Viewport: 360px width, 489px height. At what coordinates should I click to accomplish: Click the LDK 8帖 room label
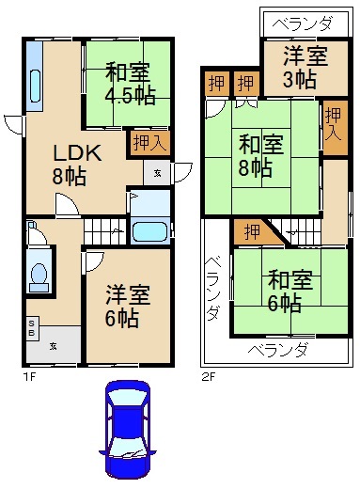click(x=76, y=165)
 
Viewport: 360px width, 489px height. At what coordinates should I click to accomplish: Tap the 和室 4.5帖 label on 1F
click(x=130, y=84)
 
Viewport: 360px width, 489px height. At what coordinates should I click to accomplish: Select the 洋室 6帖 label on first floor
click(x=128, y=306)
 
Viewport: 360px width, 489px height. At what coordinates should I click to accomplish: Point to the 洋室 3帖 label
click(x=305, y=67)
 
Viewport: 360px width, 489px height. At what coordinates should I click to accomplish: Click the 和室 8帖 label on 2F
click(x=261, y=156)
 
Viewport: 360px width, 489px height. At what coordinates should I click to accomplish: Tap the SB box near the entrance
click(x=32, y=328)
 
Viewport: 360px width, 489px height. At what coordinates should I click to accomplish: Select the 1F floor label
click(x=30, y=376)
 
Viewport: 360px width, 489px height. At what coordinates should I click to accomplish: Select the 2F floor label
click(x=209, y=376)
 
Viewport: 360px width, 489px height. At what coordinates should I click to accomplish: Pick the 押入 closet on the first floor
click(x=149, y=143)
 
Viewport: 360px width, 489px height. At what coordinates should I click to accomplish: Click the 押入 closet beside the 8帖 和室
click(x=335, y=127)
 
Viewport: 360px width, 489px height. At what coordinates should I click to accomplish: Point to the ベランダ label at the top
click(x=302, y=24)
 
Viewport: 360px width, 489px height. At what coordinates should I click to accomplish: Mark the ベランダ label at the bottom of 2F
click(x=277, y=350)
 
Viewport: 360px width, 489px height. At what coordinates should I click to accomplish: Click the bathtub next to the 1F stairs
click(x=149, y=232)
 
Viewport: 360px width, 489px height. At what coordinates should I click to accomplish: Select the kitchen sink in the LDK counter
click(x=35, y=86)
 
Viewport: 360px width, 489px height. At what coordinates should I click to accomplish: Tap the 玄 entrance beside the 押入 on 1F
click(x=157, y=173)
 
